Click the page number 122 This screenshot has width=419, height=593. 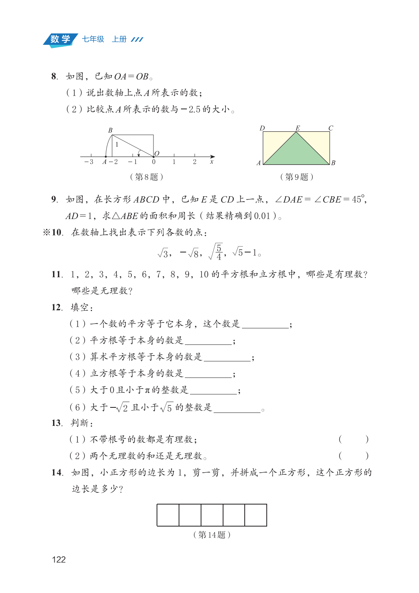tap(59, 560)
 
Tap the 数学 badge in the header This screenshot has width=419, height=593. tap(60, 39)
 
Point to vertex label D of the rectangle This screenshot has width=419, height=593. tap(262, 128)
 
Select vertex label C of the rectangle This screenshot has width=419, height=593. tap(330, 128)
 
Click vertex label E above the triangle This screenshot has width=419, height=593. tap(297, 128)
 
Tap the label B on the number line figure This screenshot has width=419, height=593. tap(110, 130)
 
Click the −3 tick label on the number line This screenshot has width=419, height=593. tap(89, 162)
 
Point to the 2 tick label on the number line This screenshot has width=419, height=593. tap(194, 162)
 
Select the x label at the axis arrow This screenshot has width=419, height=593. tap(212, 162)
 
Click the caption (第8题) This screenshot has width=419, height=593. tap(146, 177)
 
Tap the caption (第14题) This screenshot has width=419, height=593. tap(212, 535)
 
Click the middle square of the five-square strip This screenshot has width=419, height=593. tap(212, 515)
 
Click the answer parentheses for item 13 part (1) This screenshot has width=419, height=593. tap(353, 439)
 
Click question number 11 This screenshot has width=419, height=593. tap(57, 274)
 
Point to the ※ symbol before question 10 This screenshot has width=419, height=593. tap(46, 232)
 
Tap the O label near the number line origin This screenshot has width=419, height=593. tap(157, 153)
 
